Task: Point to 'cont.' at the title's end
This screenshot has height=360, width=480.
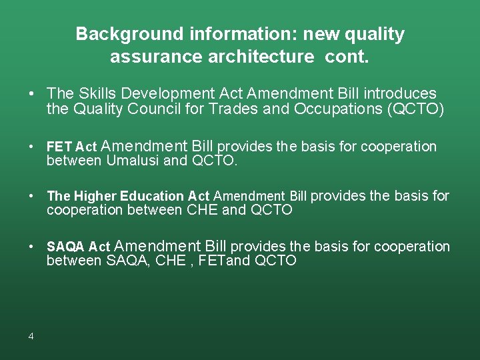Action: [x=347, y=57]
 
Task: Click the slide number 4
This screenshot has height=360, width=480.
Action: [x=31, y=336]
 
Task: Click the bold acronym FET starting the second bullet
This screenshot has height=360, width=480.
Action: [x=59, y=147]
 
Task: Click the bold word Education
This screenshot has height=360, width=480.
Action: [x=152, y=196]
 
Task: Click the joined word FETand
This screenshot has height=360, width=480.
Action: [x=227, y=261]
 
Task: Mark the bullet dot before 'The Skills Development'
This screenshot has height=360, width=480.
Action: [x=31, y=94]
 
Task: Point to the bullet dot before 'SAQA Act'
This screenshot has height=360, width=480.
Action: [x=31, y=247]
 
